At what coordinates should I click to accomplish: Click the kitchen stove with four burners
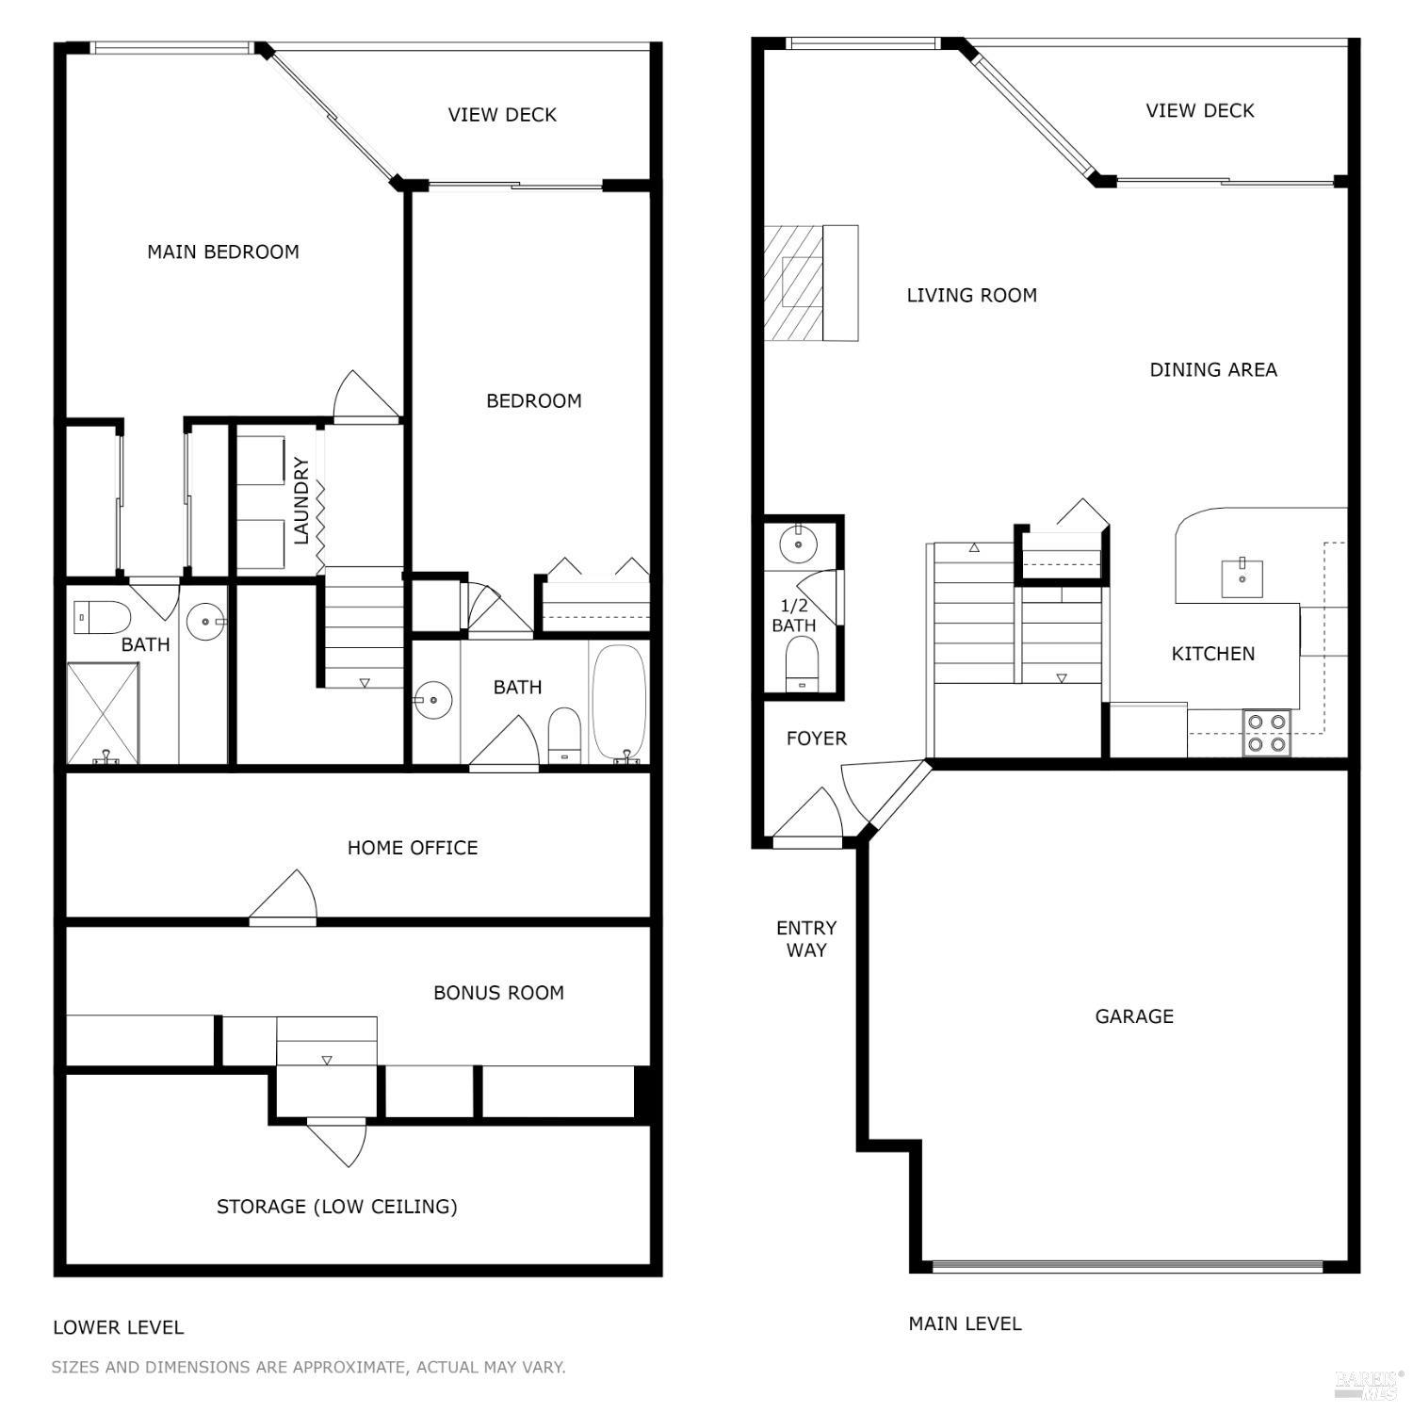tap(1266, 733)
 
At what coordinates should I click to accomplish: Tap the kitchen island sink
tap(1242, 578)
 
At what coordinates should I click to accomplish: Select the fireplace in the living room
tap(793, 283)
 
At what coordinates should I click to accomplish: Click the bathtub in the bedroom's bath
tap(620, 702)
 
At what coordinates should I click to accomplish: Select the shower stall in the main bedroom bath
tap(104, 713)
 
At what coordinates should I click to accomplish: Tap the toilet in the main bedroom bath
tap(102, 618)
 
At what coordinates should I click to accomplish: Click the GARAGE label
tap(1134, 1016)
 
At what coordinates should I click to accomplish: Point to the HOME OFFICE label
tap(413, 848)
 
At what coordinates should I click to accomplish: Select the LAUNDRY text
tap(301, 500)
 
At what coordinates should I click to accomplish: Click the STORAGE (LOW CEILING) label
tap(336, 1207)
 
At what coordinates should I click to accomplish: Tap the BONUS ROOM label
tap(498, 993)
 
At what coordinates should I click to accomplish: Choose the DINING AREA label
tap(1213, 370)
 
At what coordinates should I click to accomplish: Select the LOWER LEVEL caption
tap(118, 1327)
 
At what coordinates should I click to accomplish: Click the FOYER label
tap(816, 739)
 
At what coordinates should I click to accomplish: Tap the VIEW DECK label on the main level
tap(1199, 111)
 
